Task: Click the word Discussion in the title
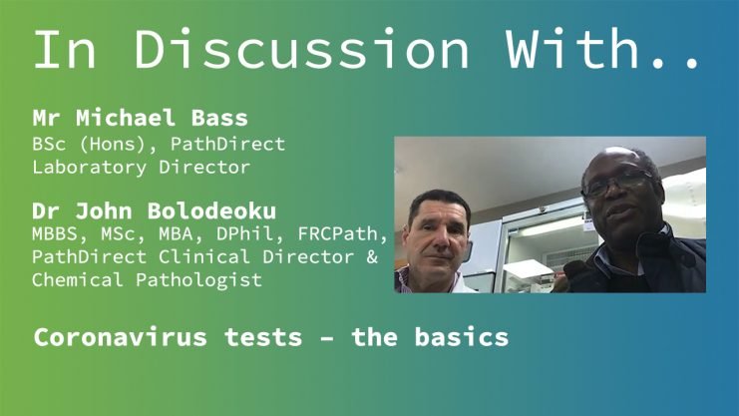(x=301, y=49)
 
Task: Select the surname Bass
(x=219, y=118)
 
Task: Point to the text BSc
(x=49, y=144)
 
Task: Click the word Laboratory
(x=89, y=168)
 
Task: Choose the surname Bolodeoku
(x=211, y=210)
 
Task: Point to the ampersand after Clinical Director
(x=372, y=257)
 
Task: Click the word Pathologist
(x=198, y=280)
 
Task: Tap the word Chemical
(x=78, y=280)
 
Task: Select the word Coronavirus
(x=121, y=338)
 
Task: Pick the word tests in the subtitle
(x=263, y=338)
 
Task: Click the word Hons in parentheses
(x=119, y=144)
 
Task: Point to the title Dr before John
(x=46, y=210)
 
